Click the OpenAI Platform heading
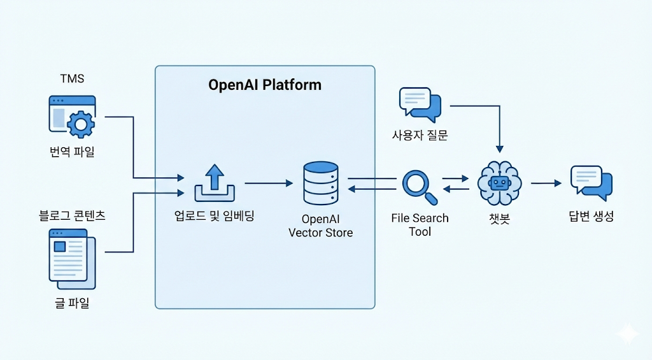pos(265,85)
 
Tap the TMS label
pos(72,79)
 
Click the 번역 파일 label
pos(72,153)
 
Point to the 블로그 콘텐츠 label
pos(72,215)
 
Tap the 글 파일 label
pos(72,303)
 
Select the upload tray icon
pos(214,183)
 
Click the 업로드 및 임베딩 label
pos(214,216)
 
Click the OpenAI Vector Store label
pos(320,226)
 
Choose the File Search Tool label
pos(420,225)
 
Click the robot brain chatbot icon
pos(500,183)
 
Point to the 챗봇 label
pos(500,218)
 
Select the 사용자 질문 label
pos(420,136)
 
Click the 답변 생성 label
pos(591,217)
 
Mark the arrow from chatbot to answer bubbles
pos(546,184)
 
